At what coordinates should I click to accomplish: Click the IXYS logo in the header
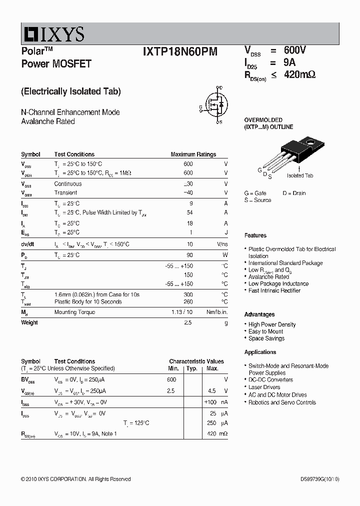click(53, 34)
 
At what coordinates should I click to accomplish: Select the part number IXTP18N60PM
click(179, 51)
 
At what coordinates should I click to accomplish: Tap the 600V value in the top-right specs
click(294, 50)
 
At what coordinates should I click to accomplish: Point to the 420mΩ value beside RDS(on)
click(299, 74)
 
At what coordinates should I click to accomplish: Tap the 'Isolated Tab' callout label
click(299, 175)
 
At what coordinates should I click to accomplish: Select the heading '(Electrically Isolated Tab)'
click(71, 91)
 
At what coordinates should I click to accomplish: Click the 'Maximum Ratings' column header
click(193, 154)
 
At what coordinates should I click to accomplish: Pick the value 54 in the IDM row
click(189, 213)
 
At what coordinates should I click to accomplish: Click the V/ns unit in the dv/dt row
click(222, 244)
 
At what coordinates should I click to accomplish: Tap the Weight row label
click(29, 322)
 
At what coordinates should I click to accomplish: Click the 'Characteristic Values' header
click(196, 361)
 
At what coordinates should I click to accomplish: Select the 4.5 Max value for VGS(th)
click(211, 391)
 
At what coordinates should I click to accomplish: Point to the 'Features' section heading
click(255, 235)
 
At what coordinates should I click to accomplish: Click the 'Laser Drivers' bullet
click(264, 387)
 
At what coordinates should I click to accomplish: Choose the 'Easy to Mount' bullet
click(265, 331)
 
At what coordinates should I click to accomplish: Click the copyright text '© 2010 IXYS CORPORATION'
click(55, 479)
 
